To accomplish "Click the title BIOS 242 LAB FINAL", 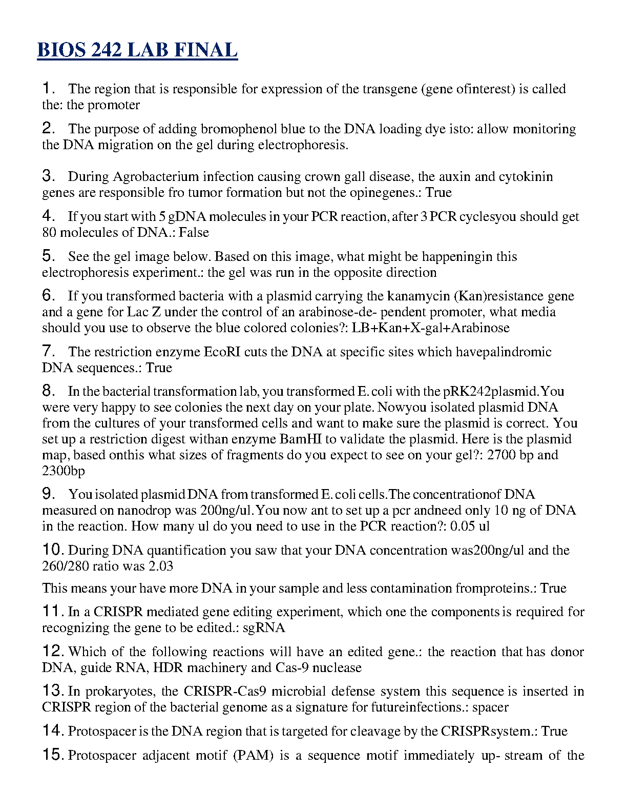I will (137, 50).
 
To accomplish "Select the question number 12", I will (53, 651).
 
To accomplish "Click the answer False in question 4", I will (194, 232).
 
